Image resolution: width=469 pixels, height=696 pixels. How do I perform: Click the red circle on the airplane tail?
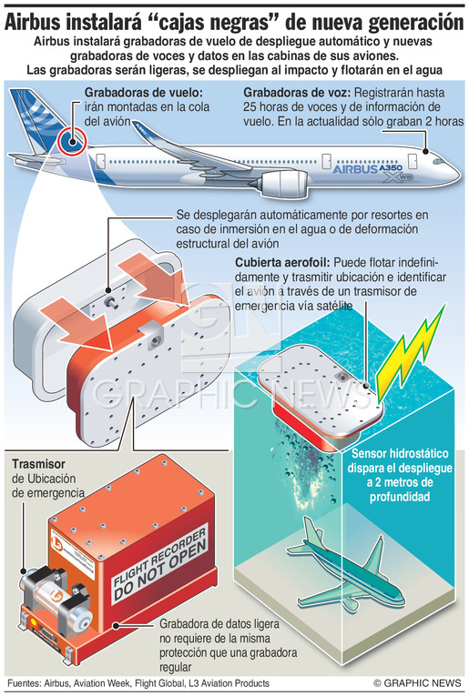72,141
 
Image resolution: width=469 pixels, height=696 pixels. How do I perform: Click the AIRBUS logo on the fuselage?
354,169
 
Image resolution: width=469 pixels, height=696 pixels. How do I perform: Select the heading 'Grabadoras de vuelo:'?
144,93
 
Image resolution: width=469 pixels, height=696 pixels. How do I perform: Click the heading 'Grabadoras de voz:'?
297,93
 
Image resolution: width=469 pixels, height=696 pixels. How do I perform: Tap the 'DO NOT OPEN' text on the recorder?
160,570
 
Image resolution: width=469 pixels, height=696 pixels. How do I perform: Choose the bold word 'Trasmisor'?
38,464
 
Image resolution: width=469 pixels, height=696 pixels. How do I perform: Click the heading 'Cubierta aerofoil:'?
282,262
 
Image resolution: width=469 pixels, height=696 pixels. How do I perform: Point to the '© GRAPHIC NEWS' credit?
417,682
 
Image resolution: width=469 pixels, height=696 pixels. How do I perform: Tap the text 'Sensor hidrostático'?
400,453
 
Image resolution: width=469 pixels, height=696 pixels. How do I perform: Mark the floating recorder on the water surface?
321,398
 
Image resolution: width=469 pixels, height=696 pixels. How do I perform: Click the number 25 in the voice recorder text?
251,107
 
